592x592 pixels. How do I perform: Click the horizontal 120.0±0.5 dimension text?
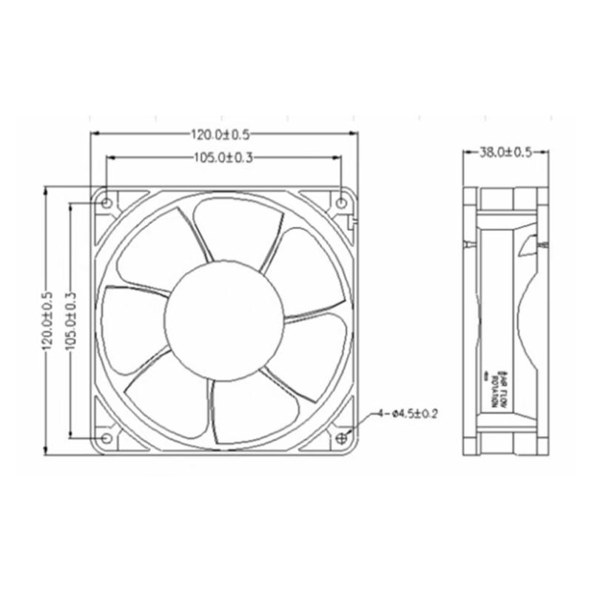click(x=221, y=135)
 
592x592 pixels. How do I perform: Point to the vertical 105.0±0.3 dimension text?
click(x=71, y=320)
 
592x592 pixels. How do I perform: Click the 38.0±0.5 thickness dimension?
click(x=506, y=152)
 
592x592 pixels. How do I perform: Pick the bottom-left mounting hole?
click(x=107, y=439)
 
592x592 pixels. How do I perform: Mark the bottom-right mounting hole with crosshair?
click(x=341, y=438)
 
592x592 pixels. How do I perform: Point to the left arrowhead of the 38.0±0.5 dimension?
click(x=466, y=153)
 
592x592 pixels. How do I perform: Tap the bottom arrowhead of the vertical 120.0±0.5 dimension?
click(x=47, y=451)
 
